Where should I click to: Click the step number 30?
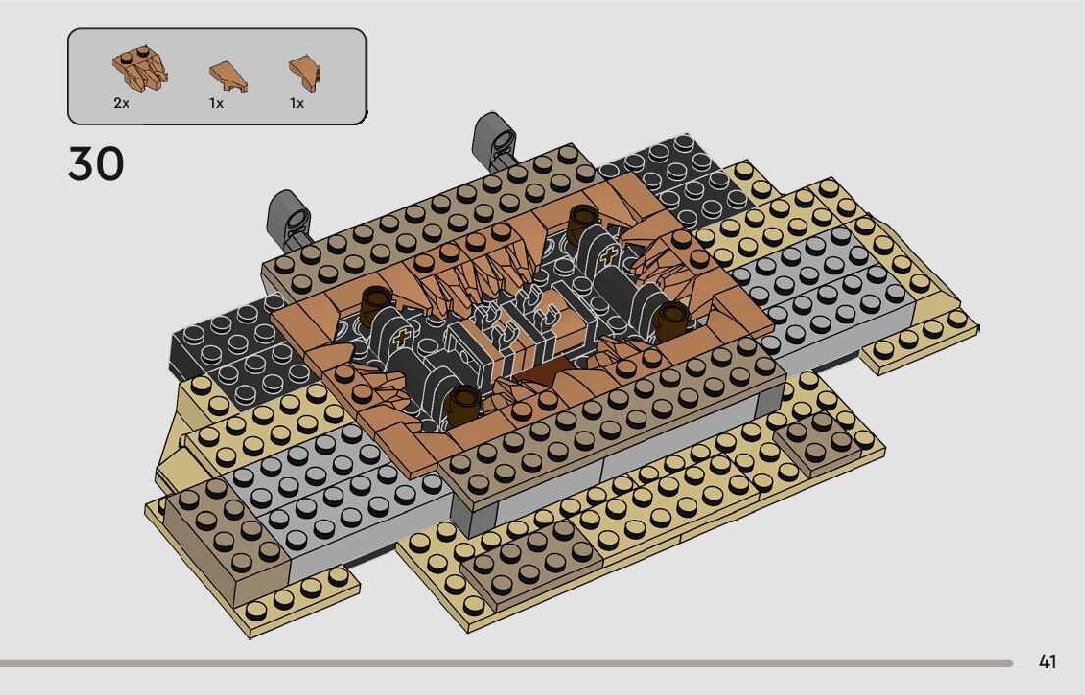(95, 164)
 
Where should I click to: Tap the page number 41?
(1047, 662)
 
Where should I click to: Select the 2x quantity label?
(121, 103)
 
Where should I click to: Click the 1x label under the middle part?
(216, 103)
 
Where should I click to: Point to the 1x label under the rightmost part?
(297, 103)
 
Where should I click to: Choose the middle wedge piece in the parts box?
(229, 75)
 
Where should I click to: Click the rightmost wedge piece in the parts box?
(304, 74)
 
